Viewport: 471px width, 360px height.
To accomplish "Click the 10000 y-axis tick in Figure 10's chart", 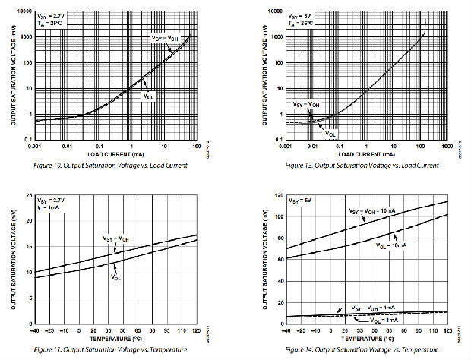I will pos(24,13).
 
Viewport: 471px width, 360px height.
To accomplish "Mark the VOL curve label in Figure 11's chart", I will pos(116,276).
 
